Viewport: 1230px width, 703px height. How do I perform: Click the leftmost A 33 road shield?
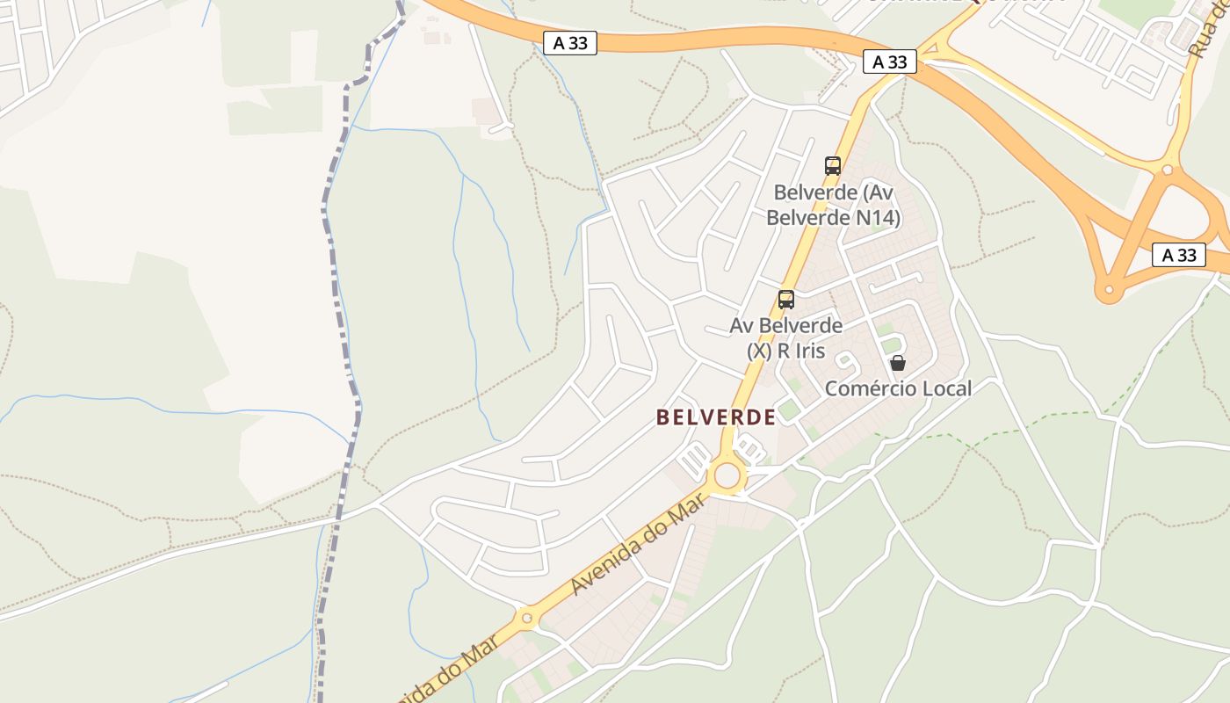point(570,43)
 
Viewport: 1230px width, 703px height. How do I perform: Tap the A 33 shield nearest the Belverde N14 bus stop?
point(890,62)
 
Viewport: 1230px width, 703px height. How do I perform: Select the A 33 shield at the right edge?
point(1179,256)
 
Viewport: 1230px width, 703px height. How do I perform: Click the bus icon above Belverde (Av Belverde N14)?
point(832,165)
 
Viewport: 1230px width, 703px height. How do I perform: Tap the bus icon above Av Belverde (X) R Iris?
point(786,300)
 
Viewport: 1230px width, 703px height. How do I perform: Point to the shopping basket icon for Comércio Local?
point(897,363)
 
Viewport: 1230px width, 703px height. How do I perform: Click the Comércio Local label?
point(898,388)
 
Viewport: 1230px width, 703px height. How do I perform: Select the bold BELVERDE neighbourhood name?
point(716,417)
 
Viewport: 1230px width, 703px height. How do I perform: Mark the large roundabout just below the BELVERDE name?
point(727,475)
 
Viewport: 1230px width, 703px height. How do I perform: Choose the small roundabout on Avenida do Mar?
point(527,618)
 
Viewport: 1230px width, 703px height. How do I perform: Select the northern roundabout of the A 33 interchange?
point(1167,170)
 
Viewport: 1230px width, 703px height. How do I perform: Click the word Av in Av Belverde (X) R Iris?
point(742,326)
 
